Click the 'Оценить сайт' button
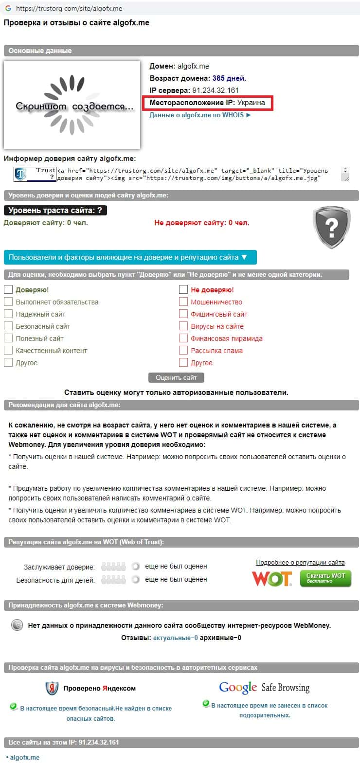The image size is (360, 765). [176, 377]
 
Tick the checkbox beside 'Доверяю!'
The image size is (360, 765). [8, 289]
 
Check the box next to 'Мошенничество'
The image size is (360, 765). [183, 302]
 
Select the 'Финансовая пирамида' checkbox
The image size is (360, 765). [183, 338]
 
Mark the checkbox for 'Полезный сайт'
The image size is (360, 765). [8, 338]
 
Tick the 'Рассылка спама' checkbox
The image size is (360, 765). [183, 350]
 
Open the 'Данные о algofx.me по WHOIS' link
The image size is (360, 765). [200, 115]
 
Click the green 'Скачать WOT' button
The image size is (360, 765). [325, 578]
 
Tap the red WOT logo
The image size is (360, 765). [271, 578]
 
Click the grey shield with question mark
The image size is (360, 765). [332, 227]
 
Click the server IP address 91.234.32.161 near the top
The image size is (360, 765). [216, 90]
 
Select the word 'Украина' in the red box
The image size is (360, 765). [252, 103]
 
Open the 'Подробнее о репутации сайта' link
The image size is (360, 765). [300, 562]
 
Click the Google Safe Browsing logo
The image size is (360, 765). [264, 687]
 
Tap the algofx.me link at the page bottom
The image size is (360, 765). [24, 757]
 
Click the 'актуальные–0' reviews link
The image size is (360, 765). [175, 638]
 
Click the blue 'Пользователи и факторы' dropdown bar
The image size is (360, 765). [130, 257]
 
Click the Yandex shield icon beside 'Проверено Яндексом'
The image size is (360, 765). [52, 688]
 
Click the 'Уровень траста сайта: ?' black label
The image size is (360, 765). [55, 211]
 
